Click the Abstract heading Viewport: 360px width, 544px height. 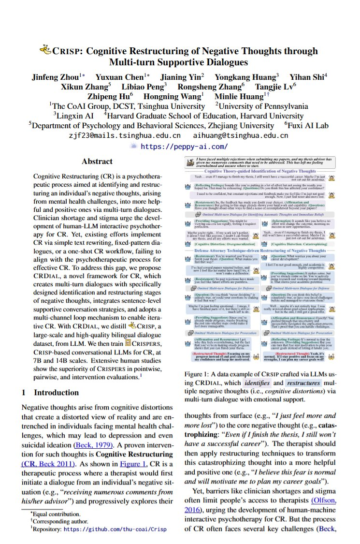click(x=97, y=162)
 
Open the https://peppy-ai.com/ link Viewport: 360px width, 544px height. click(x=184, y=146)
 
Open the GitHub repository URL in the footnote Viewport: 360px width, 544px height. click(x=115, y=529)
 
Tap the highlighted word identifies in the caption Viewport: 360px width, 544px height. click(x=256, y=383)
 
